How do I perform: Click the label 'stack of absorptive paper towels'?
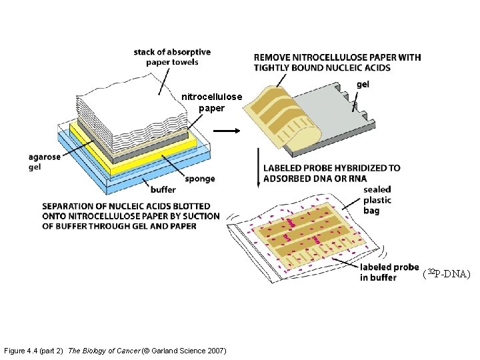click(172, 57)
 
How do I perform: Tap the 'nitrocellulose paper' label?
click(211, 102)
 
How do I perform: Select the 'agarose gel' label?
click(44, 162)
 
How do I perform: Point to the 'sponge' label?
click(199, 179)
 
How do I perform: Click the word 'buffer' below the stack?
click(163, 189)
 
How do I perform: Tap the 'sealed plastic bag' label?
click(377, 200)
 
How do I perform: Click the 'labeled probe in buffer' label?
click(389, 272)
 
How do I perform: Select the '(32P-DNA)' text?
click(446, 273)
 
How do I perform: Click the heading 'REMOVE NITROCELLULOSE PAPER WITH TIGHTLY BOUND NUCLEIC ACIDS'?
click(337, 62)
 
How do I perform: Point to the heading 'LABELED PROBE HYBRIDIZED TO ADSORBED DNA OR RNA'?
click(331, 173)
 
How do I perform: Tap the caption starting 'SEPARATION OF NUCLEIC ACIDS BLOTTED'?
click(130, 216)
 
